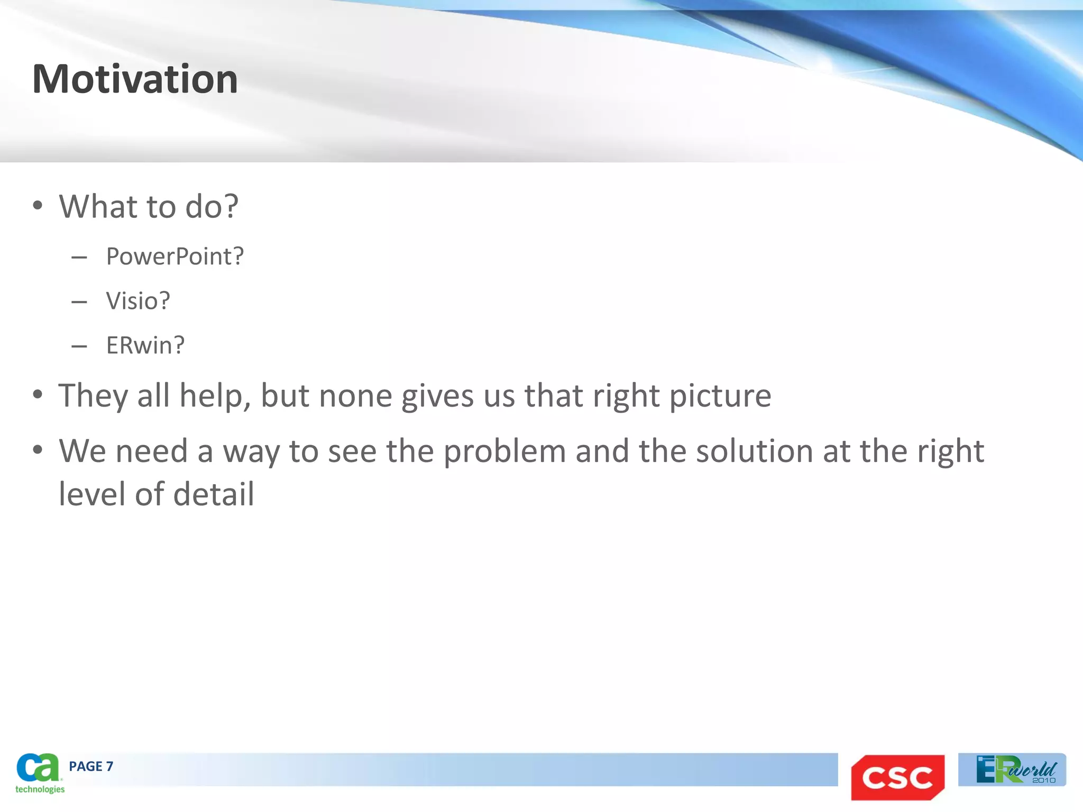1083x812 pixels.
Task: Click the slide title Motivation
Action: point(135,79)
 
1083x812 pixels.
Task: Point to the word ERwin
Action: point(141,345)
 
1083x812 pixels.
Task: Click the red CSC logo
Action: point(897,777)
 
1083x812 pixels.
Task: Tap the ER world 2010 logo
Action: point(1012,770)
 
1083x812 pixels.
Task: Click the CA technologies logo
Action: point(39,773)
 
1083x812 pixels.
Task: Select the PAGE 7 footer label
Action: point(91,767)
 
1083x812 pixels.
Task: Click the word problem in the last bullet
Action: point(504,451)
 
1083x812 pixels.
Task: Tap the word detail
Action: point(214,494)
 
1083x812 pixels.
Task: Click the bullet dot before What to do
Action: point(37,205)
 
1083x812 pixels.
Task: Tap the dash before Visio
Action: point(79,302)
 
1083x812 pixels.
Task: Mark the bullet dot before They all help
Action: point(37,394)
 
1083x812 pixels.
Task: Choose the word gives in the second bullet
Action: point(437,396)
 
